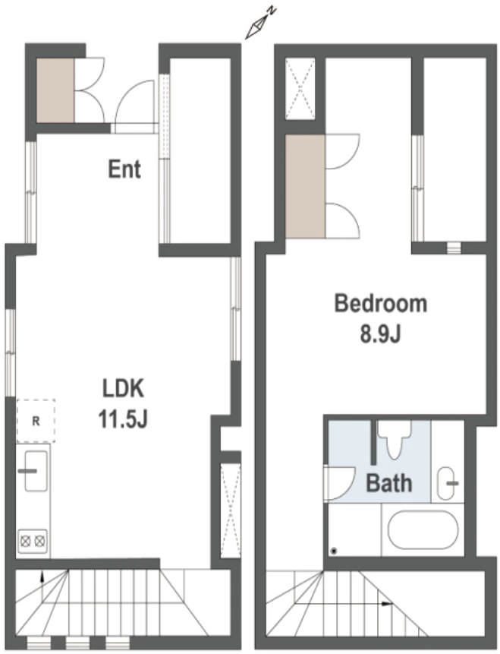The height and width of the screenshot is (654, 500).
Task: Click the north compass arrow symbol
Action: [x=260, y=24]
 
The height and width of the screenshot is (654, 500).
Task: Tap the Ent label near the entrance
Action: [x=124, y=169]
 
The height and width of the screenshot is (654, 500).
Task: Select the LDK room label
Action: [x=124, y=388]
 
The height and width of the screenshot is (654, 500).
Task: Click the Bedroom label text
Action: [x=381, y=303]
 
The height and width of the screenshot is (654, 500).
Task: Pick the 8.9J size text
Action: [x=380, y=333]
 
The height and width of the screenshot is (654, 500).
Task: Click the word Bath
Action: [x=388, y=483]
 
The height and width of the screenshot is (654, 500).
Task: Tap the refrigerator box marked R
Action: [x=36, y=421]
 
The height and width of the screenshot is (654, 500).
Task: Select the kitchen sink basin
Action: [x=36, y=470]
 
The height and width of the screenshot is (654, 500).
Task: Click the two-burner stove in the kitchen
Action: [x=33, y=542]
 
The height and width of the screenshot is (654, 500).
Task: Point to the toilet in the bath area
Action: [x=394, y=439]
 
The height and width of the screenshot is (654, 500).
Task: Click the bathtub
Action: [x=423, y=529]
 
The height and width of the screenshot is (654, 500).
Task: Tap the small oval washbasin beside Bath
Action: [x=446, y=483]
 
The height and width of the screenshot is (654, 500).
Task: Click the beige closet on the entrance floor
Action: [x=55, y=90]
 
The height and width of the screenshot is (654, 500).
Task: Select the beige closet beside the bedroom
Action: [x=306, y=186]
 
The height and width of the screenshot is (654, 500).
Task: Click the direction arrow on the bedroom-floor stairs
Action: [x=387, y=604]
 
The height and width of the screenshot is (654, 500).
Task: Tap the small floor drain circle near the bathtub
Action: [x=333, y=551]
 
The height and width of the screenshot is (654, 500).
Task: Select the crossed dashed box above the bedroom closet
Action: [x=300, y=89]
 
